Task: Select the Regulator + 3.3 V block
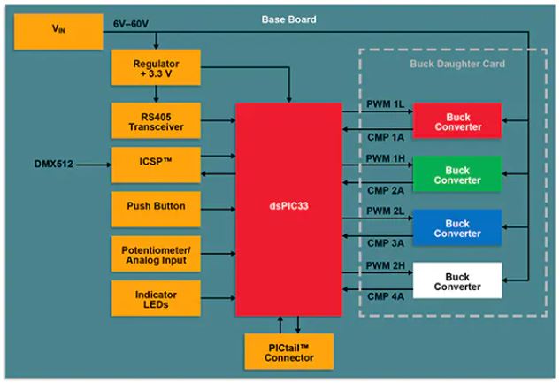(x=157, y=69)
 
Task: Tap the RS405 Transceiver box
(x=157, y=119)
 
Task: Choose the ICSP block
(x=157, y=164)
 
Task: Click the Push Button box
(x=157, y=208)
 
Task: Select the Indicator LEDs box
(x=157, y=299)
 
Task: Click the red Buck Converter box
(x=457, y=121)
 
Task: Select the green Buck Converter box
(x=457, y=174)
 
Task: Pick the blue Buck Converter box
(x=457, y=227)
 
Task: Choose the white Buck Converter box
(x=457, y=280)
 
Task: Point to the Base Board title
(x=288, y=19)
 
